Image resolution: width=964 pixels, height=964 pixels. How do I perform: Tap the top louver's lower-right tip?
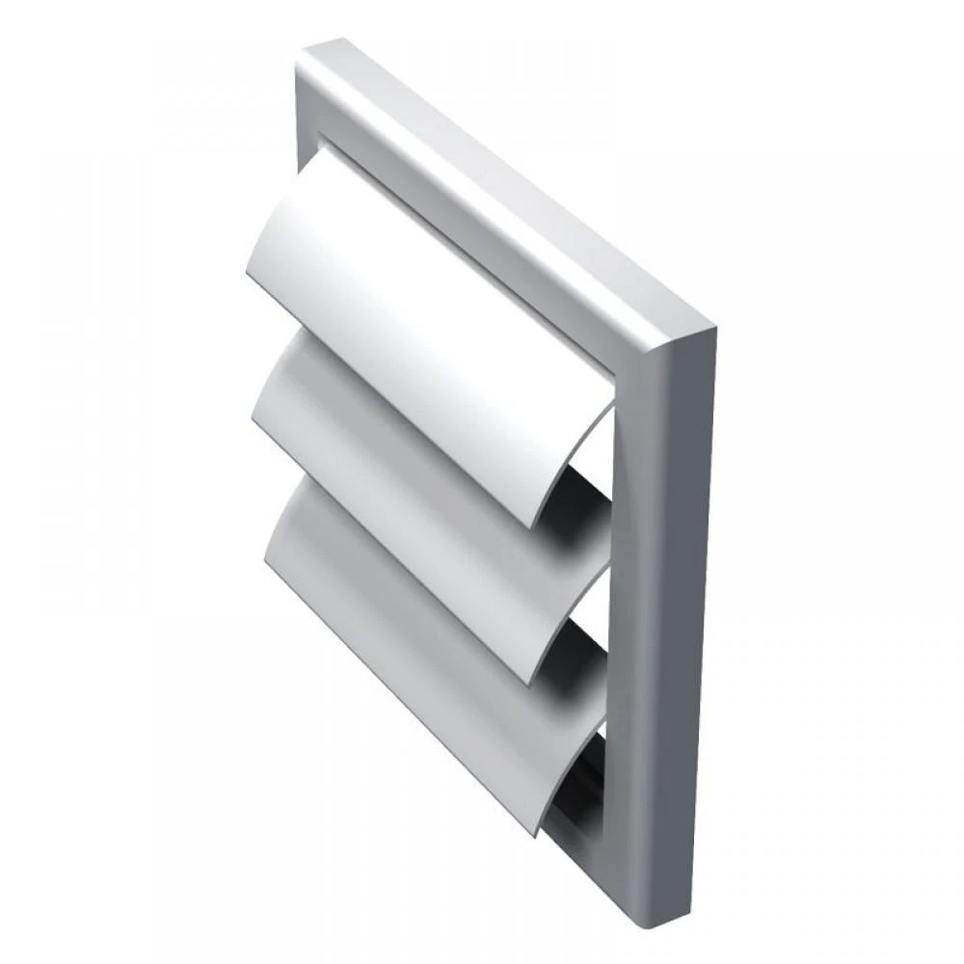click(x=536, y=525)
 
